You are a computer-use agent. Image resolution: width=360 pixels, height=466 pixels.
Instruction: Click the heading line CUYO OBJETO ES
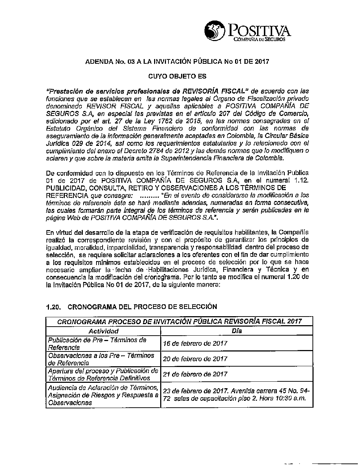pos(177,76)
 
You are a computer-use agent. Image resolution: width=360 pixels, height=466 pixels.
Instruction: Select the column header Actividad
pos(103,331)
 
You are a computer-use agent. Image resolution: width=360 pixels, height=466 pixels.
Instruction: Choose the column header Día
pos(237,331)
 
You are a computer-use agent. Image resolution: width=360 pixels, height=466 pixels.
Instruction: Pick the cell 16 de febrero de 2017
pos(195,343)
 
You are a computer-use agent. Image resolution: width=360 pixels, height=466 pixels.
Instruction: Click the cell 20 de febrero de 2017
pos(195,359)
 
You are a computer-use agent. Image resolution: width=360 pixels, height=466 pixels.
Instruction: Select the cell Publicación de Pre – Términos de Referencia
pos(97,344)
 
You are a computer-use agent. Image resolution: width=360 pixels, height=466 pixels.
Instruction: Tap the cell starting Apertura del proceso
pos(103,374)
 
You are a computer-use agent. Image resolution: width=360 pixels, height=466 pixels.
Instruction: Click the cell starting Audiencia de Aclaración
pos(103,395)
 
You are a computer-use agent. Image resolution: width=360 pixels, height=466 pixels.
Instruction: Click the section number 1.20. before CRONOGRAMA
pos(54,307)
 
